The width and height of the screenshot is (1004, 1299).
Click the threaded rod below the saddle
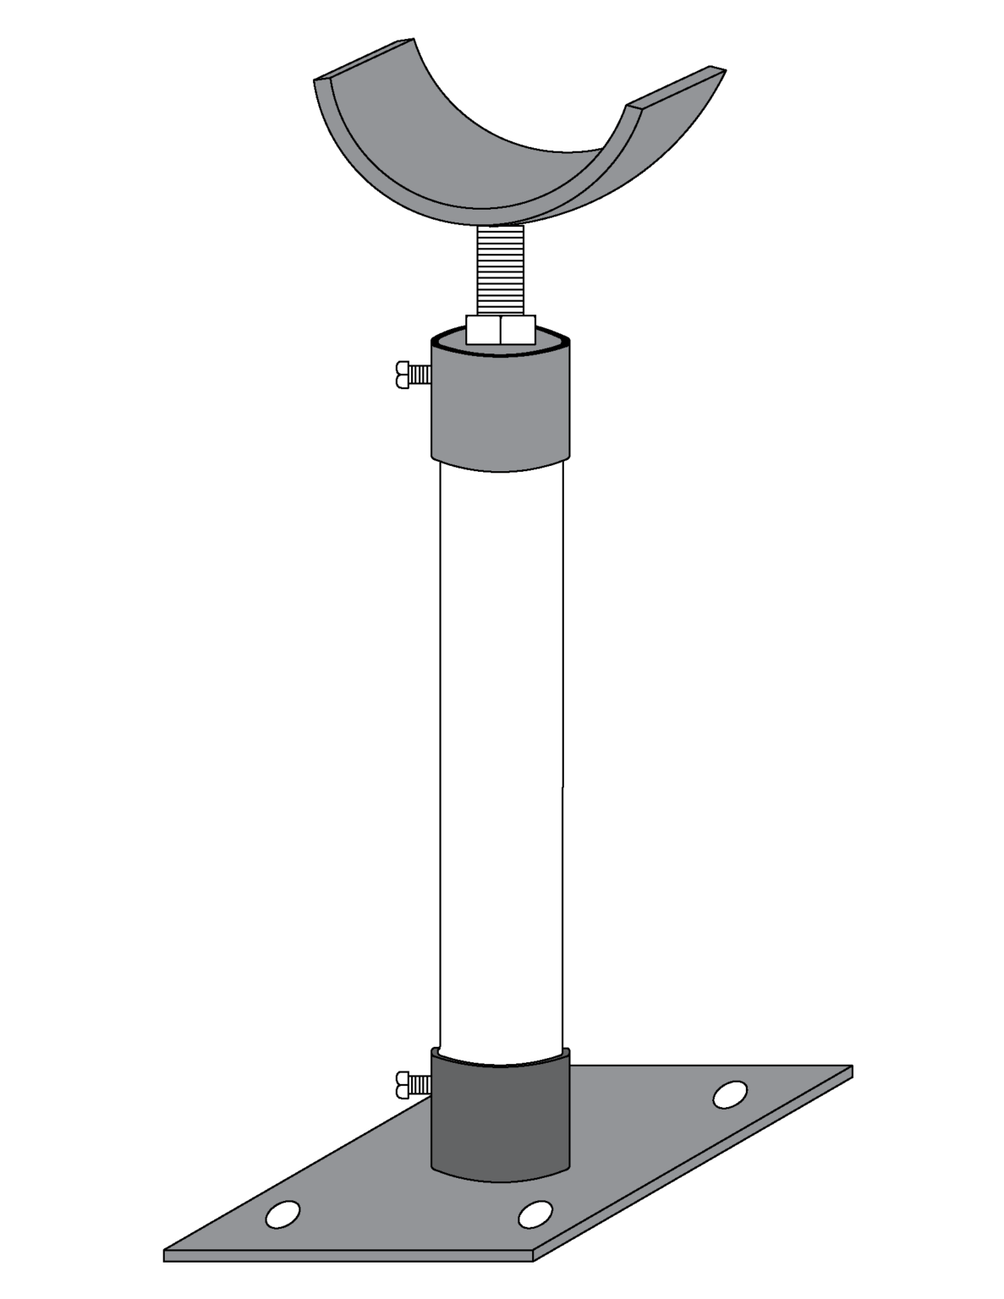(501, 271)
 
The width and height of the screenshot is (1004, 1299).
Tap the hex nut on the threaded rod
(500, 330)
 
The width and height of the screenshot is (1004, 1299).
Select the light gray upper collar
(500, 406)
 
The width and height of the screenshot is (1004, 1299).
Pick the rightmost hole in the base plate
(730, 1094)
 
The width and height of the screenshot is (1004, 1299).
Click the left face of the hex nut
(483, 330)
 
